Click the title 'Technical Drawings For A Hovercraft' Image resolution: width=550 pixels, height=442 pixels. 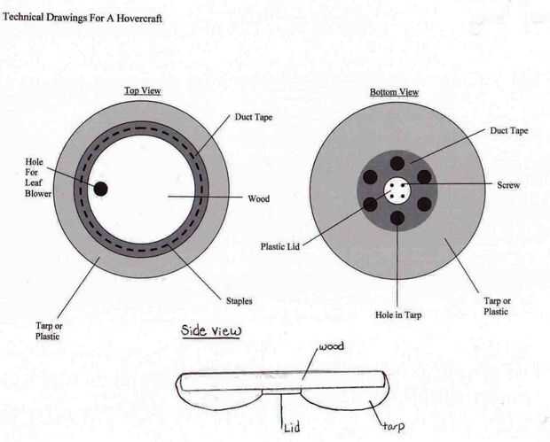pyautogui.click(x=82, y=18)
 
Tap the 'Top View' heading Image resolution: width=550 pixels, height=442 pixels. pyautogui.click(x=143, y=90)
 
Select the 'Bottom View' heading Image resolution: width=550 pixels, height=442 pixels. pyautogui.click(x=394, y=92)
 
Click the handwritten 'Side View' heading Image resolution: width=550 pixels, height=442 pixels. pyautogui.click(x=211, y=330)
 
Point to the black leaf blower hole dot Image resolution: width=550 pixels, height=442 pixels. pyautogui.click(x=100, y=189)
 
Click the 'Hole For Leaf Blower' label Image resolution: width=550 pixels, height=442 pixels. pyautogui.click(x=38, y=177)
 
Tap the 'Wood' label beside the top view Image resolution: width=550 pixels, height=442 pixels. pyautogui.click(x=258, y=199)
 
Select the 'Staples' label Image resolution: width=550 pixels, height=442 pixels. pyautogui.click(x=240, y=301)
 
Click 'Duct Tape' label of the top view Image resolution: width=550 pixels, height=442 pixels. pyautogui.click(x=253, y=117)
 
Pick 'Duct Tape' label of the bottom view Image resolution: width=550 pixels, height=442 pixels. pyautogui.click(x=508, y=130)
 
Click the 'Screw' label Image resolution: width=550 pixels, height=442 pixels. pyautogui.click(x=508, y=185)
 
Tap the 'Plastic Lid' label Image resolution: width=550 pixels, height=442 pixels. pyautogui.click(x=280, y=246)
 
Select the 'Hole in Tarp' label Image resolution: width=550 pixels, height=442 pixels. pyautogui.click(x=398, y=314)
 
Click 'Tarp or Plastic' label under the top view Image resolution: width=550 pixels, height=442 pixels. pyautogui.click(x=49, y=331)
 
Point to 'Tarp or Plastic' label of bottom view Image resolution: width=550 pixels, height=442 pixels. pyautogui.click(x=497, y=306)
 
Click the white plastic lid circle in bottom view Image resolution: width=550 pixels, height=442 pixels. pyautogui.click(x=397, y=190)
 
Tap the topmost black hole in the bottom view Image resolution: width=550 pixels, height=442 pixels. pyautogui.click(x=397, y=163)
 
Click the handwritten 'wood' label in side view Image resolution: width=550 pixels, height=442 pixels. pyautogui.click(x=331, y=346)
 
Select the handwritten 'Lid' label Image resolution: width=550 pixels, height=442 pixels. pyautogui.click(x=292, y=427)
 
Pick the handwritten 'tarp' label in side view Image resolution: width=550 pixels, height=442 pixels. pyautogui.click(x=394, y=426)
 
